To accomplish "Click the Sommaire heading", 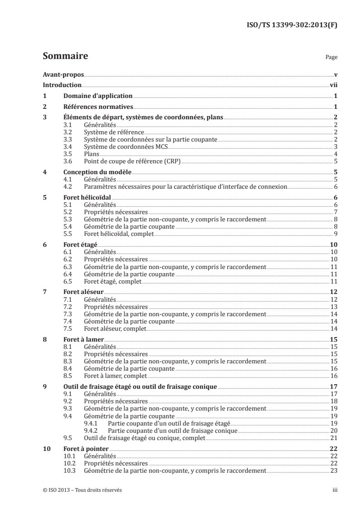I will click(65, 57).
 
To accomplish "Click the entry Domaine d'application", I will click(98, 96).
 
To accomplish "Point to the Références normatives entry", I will click(98, 107).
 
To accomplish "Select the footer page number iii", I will click(334, 490).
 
